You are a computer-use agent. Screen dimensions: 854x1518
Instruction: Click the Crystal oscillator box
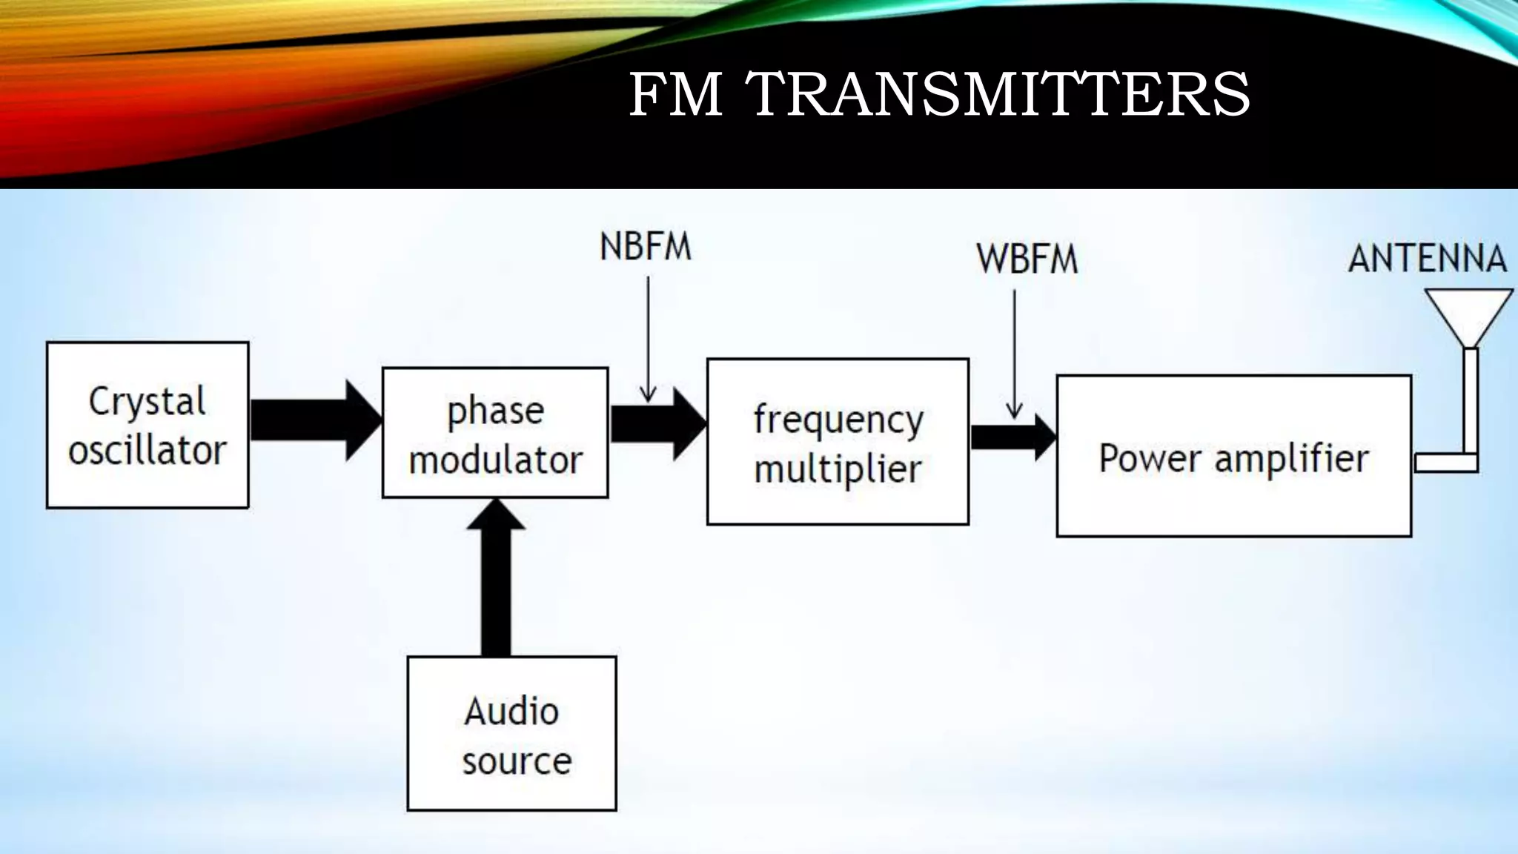[148, 425]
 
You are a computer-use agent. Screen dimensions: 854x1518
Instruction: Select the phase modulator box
[495, 433]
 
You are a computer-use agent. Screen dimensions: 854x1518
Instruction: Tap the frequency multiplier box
[838, 442]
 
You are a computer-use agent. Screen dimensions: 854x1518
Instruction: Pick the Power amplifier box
[1233, 456]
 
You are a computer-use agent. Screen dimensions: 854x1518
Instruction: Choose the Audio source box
[511, 733]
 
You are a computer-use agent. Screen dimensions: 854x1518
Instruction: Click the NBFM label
[645, 247]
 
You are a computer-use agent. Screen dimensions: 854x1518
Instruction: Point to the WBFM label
[1027, 259]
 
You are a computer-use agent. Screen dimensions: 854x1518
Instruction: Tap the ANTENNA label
[1427, 259]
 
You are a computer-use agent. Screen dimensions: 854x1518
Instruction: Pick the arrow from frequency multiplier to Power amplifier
[1012, 438]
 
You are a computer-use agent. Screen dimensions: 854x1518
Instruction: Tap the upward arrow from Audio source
[496, 578]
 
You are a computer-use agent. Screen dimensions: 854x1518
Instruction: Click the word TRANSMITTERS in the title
[1001, 94]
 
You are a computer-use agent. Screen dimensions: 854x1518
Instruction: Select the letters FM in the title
[675, 94]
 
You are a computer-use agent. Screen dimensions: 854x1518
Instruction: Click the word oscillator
[148, 450]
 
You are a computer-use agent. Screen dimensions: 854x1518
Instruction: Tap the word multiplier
[838, 469]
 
